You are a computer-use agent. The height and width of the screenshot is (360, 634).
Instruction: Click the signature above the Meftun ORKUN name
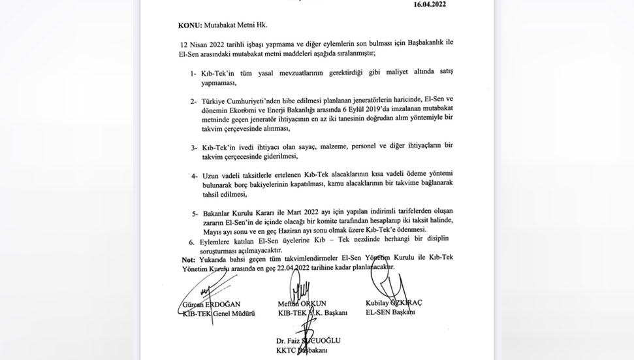point(304,288)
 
